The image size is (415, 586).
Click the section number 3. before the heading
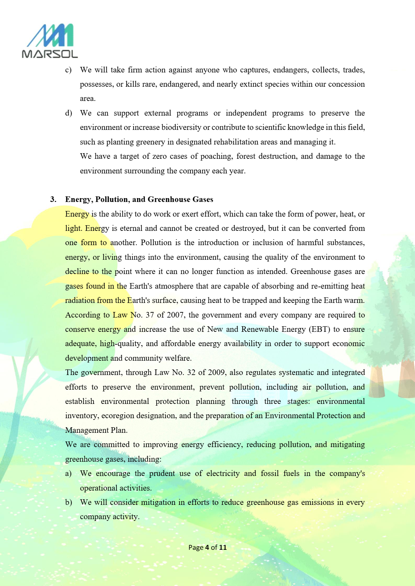53,200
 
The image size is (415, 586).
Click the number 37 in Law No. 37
150,315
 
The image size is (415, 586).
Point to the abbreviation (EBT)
319,329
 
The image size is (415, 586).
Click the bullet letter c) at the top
68,70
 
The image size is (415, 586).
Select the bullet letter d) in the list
68,113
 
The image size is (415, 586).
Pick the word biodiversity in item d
181,127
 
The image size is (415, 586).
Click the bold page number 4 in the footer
207,547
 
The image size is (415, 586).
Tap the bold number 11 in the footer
223,547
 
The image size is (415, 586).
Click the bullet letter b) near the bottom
68,502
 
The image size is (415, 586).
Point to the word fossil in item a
270,474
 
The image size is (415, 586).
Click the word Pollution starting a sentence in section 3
156,243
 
